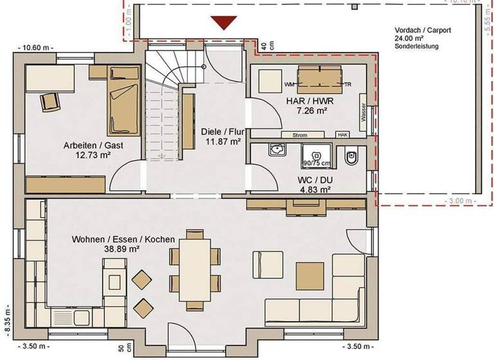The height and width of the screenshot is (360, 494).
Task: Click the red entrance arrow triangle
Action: point(224,22)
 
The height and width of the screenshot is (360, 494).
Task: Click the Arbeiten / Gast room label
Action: point(93,145)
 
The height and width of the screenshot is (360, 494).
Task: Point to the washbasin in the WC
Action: point(277,150)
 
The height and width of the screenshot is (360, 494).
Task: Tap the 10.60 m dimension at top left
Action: point(38,47)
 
